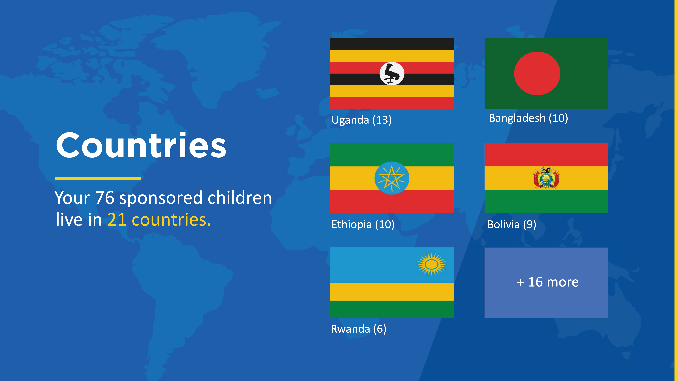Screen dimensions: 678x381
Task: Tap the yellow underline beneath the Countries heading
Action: [x=98, y=178]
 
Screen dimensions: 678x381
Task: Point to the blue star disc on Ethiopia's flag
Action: [x=392, y=178]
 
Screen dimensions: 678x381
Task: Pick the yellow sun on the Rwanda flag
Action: [x=431, y=264]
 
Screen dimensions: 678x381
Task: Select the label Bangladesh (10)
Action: [x=528, y=118]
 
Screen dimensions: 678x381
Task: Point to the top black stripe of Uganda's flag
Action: [x=392, y=44]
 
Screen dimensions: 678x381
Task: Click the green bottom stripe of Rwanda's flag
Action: [x=392, y=309]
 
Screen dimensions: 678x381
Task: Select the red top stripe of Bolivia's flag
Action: [x=546, y=155]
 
